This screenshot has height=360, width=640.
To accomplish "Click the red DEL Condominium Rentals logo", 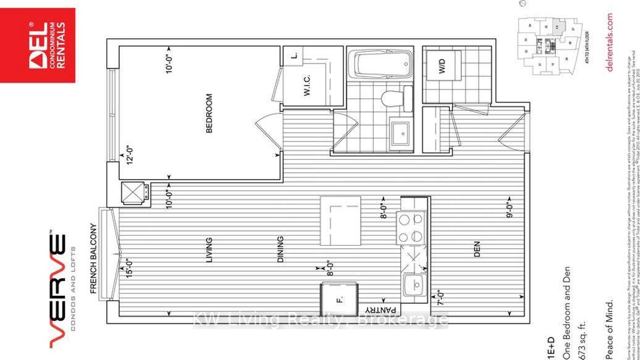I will point(38,44).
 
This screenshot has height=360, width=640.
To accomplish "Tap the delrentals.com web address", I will point(610,43).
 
